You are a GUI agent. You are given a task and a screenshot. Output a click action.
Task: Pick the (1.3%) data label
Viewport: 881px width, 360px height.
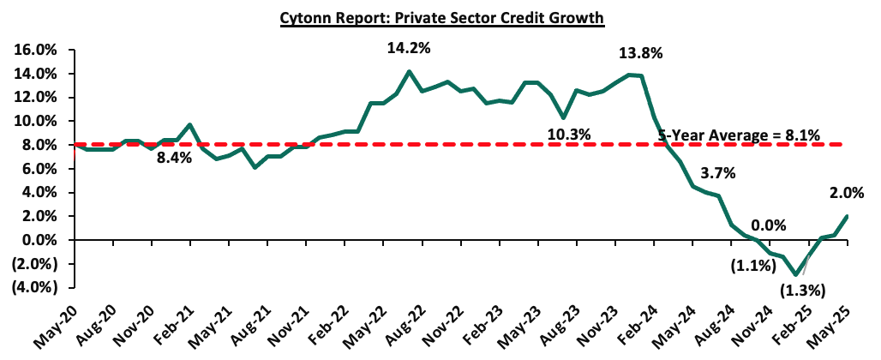point(800,291)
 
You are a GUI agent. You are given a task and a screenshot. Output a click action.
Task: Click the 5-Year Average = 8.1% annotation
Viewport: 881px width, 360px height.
point(739,135)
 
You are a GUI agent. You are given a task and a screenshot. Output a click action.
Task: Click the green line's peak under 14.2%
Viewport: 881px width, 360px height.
point(409,71)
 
